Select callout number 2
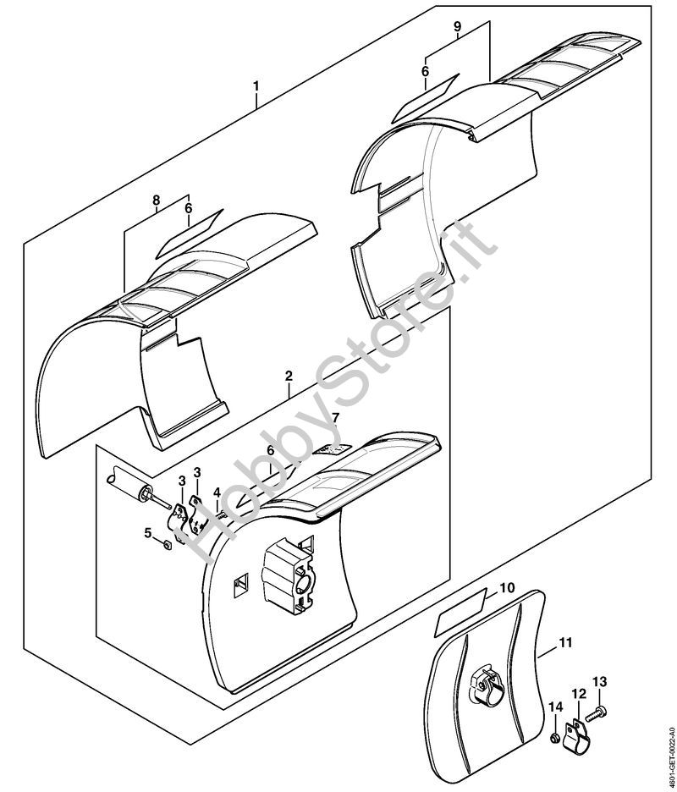289,374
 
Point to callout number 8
156,200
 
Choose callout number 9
457,27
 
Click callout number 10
506,586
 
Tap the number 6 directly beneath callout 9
426,71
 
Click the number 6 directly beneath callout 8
188,207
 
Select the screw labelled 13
594,715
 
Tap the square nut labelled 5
167,544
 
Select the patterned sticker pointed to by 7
331,451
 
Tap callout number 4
217,492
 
